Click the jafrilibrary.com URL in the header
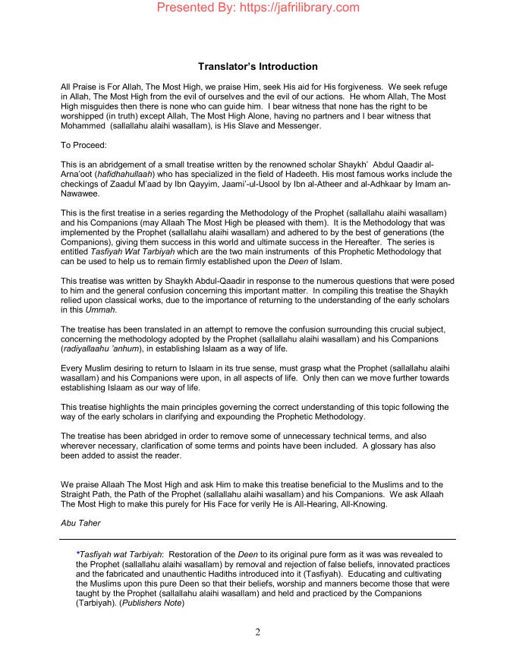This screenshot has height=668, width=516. (x=293, y=8)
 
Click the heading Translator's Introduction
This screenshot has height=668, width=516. (x=258, y=67)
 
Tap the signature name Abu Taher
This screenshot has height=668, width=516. (x=80, y=521)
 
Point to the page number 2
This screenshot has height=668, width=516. (x=258, y=635)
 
